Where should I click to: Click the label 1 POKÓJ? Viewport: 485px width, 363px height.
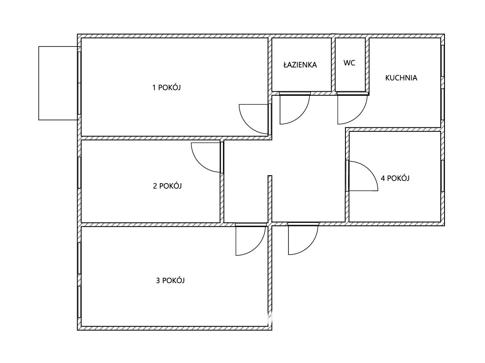(167, 87)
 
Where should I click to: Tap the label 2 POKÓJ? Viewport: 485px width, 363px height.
(167, 186)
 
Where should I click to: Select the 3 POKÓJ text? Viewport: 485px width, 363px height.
(170, 281)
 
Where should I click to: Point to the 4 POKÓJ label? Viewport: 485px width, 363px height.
(395, 178)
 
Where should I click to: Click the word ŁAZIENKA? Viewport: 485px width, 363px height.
(300, 65)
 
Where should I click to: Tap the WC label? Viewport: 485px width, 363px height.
(349, 63)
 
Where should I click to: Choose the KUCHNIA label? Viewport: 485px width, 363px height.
(401, 78)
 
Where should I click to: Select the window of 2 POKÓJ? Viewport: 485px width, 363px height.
(79, 173)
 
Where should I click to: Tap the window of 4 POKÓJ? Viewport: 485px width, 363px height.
(443, 176)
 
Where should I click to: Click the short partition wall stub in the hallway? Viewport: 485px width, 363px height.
(270, 199)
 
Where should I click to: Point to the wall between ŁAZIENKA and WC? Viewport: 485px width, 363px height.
(334, 65)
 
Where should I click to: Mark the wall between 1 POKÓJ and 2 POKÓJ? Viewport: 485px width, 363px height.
(151, 138)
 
